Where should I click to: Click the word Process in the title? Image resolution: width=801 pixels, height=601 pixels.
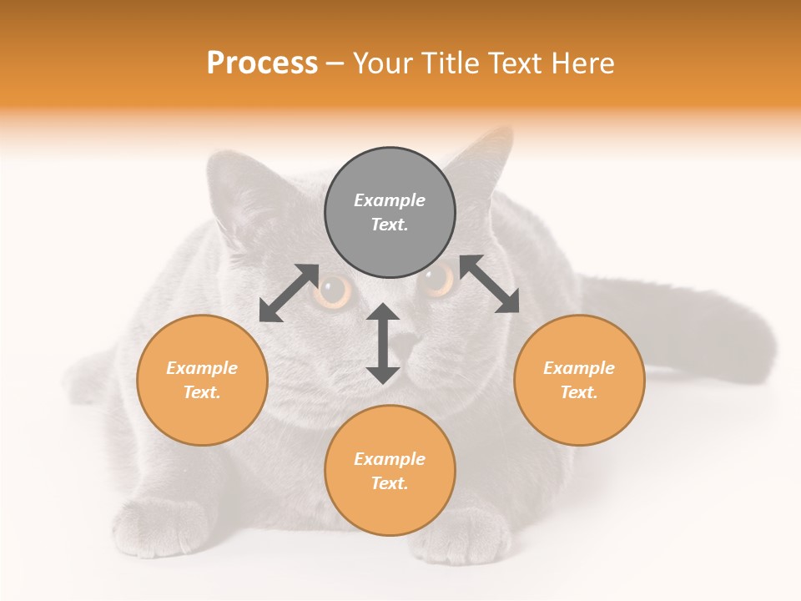coord(262,63)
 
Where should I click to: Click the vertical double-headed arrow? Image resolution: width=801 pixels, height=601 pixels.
coord(383,343)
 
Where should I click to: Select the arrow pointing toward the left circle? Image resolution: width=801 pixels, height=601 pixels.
coord(289,293)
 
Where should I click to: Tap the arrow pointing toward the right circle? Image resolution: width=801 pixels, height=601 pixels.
coord(489,284)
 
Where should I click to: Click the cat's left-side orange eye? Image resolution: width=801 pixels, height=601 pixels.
coord(335,291)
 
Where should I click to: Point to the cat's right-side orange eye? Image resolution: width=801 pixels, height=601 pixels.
coord(436,281)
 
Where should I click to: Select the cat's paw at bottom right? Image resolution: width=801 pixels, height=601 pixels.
coord(463,534)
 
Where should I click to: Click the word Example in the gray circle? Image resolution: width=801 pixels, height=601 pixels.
coord(390,200)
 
